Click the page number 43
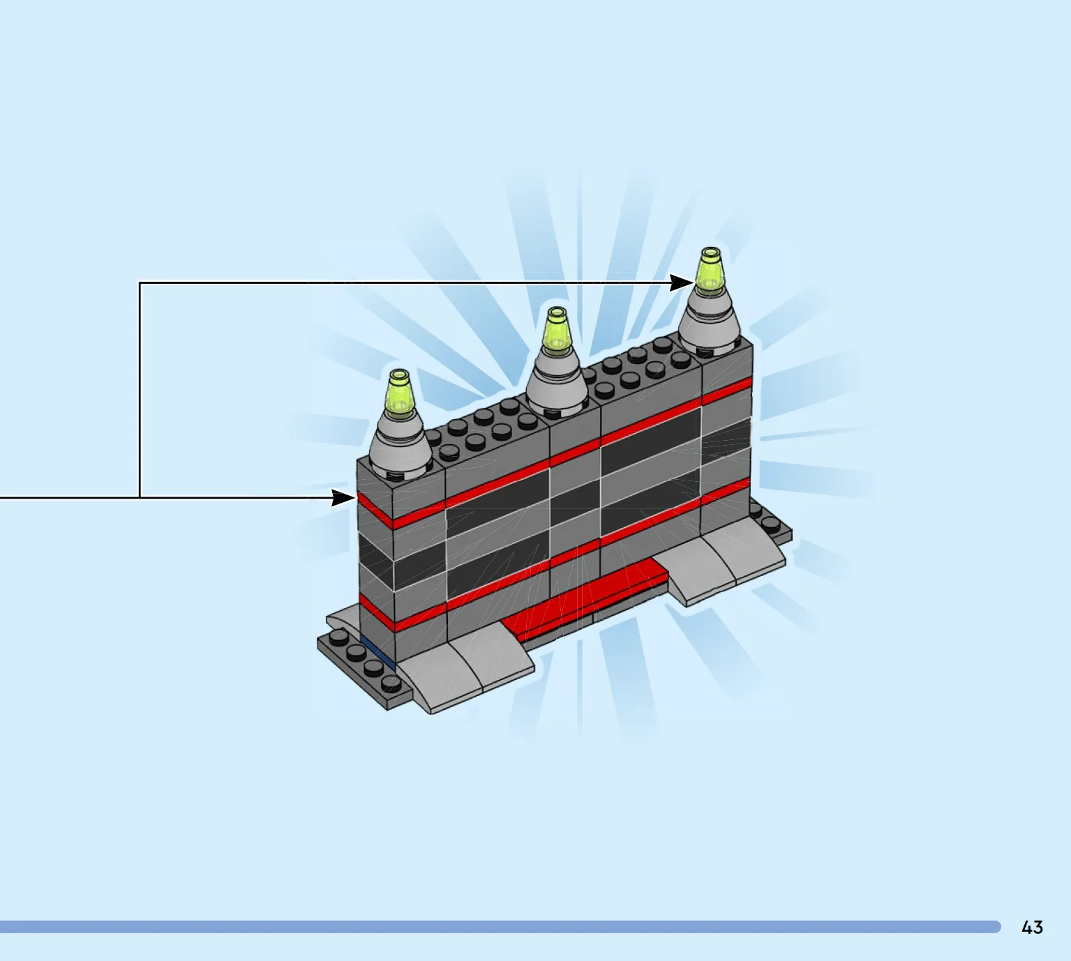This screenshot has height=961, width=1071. (x=1032, y=928)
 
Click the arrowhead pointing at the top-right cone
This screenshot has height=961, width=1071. (x=682, y=282)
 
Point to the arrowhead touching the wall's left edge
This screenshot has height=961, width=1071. (x=343, y=498)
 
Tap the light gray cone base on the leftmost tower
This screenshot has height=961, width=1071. (x=400, y=443)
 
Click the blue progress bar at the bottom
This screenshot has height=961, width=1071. (x=500, y=927)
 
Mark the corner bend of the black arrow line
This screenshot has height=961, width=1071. (x=140, y=283)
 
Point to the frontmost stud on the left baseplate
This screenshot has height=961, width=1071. (x=391, y=684)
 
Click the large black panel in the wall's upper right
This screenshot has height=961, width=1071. (x=651, y=441)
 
